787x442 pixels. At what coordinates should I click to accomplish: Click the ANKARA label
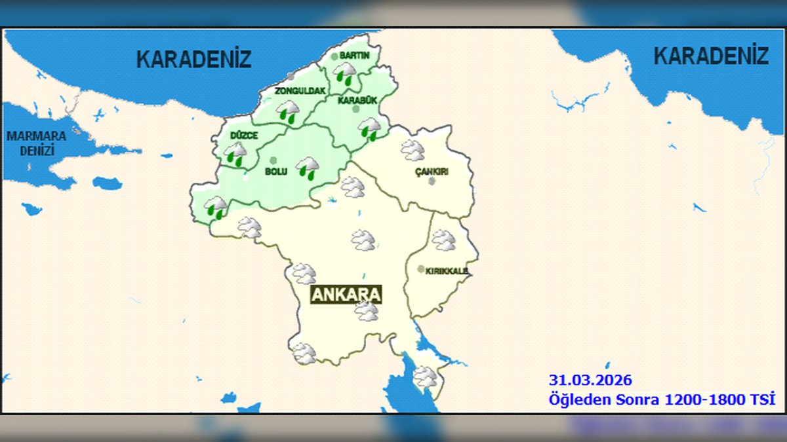(x=346, y=294)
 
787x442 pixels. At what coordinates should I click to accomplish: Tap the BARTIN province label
(x=355, y=56)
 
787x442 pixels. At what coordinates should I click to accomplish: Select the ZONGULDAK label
(x=300, y=91)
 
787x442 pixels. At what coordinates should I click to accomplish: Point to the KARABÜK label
(x=357, y=101)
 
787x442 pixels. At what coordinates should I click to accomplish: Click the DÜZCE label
(x=244, y=136)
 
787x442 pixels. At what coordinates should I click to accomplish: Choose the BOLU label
(x=276, y=172)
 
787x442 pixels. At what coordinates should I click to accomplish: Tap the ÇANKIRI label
(x=432, y=172)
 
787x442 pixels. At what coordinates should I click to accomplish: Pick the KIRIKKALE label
(x=447, y=270)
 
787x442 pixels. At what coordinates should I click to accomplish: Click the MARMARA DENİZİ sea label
(x=37, y=143)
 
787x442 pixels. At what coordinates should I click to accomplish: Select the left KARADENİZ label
(x=193, y=59)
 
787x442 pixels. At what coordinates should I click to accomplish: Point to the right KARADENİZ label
(x=711, y=56)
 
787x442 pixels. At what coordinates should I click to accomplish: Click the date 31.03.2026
(x=590, y=380)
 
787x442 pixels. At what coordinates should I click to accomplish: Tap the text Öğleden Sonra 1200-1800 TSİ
(x=662, y=398)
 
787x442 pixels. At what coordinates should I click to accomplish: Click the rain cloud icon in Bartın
(x=346, y=73)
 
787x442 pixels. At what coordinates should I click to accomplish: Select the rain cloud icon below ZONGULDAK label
(x=287, y=111)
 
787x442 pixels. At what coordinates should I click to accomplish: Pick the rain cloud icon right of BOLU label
(x=308, y=167)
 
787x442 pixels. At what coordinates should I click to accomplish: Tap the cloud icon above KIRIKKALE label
(x=444, y=240)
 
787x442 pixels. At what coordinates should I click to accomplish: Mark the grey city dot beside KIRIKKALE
(x=420, y=269)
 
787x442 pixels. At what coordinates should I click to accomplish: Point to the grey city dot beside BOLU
(x=273, y=160)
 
